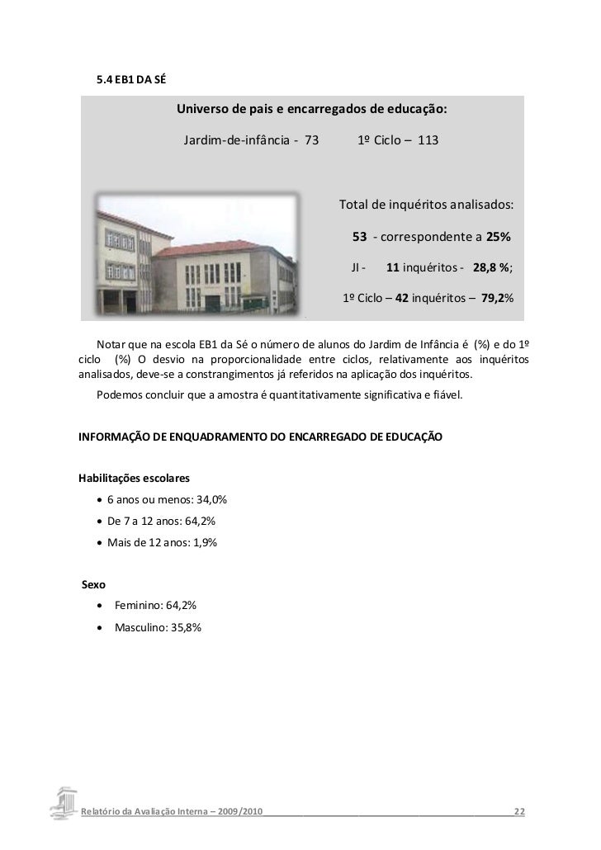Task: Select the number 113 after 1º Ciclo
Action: (x=428, y=140)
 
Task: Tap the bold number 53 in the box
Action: (x=360, y=238)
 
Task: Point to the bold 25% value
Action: (x=498, y=238)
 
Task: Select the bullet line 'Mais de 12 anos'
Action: (x=157, y=542)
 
